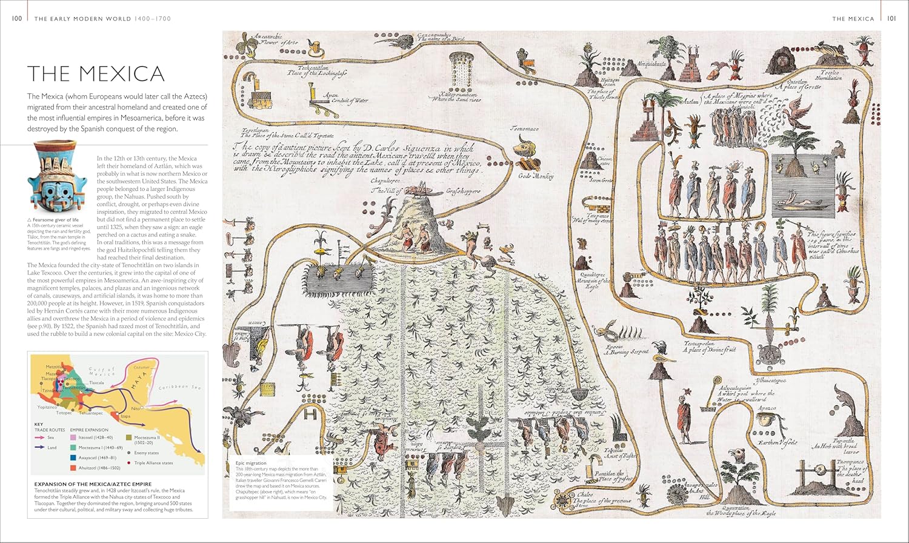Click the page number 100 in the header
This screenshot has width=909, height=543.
coord(17,18)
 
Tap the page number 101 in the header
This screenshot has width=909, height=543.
coord(891,18)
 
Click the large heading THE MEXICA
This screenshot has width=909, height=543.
coord(96,74)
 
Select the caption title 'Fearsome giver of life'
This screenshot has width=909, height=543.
coord(56,219)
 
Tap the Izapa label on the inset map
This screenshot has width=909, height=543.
coord(125,416)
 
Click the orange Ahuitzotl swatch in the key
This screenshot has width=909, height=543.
coord(73,468)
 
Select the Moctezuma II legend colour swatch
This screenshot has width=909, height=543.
coord(128,437)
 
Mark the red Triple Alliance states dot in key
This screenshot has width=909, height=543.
coord(128,462)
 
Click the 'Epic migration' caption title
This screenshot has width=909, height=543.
coord(251,463)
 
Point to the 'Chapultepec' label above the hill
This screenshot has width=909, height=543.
coord(385,181)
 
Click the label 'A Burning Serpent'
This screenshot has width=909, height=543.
coord(628,351)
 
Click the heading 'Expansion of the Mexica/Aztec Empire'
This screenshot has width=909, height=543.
coord(93,484)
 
